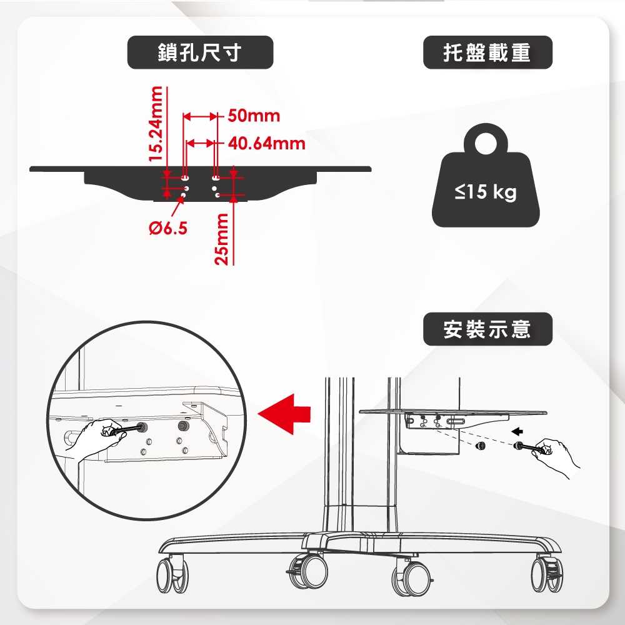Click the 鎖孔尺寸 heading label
tap(200, 52)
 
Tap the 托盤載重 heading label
tap(487, 52)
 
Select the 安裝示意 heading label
tap(487, 329)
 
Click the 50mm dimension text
tap(254, 116)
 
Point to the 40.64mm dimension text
tap(267, 144)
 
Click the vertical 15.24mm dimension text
tap(156, 123)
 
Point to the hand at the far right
tap(559, 455)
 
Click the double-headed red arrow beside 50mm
tap(200, 116)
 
